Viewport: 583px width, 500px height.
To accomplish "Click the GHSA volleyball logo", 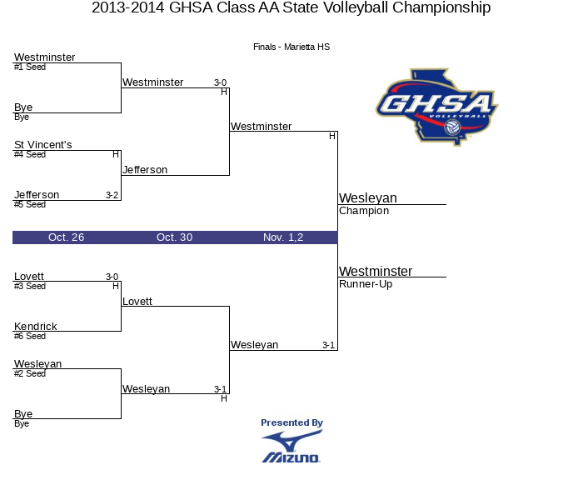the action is coord(437,107).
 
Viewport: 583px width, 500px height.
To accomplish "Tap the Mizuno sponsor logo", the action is coord(291,447).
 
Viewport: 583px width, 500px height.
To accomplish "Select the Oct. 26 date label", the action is coord(66,237).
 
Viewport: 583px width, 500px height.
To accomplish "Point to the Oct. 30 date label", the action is coord(174,237).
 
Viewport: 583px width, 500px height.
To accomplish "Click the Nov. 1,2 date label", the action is coord(283,237).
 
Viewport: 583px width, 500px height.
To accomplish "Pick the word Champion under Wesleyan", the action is coord(364,211).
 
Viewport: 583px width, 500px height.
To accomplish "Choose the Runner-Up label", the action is coord(366,284).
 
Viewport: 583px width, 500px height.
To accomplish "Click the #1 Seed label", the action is coord(30,67).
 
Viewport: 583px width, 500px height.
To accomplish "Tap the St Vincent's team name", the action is coord(42,144).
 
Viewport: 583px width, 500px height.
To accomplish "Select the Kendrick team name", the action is coord(35,327).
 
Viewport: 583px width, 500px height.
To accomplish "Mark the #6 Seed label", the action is coord(30,337).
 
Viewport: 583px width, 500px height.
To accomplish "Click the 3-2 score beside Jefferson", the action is coord(112,195).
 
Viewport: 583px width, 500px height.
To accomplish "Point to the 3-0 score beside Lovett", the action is coord(112,277).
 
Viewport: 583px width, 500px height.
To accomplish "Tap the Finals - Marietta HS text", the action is coord(291,47).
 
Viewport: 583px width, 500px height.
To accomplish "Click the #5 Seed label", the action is coord(30,205).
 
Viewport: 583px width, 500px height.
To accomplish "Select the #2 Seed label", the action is coord(30,373).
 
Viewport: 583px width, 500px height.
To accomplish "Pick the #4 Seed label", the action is coord(30,154).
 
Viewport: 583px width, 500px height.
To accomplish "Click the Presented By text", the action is coord(291,422).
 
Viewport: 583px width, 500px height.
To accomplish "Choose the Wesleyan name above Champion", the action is coord(368,197).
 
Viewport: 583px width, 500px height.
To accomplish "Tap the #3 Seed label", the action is coord(30,286).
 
